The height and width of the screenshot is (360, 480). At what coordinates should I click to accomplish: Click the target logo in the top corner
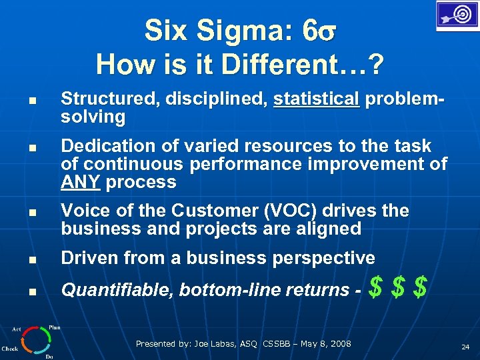coord(457,15)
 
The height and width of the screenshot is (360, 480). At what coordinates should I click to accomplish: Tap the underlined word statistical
coord(316,99)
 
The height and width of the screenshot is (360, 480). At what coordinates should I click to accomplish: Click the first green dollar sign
coord(376,289)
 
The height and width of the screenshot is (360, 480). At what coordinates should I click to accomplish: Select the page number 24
coord(465,347)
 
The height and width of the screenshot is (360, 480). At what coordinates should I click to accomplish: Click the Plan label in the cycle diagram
coord(54,327)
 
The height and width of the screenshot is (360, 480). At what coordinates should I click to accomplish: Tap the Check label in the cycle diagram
coord(10,349)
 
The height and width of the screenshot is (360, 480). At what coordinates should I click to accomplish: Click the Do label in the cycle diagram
coord(49,357)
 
